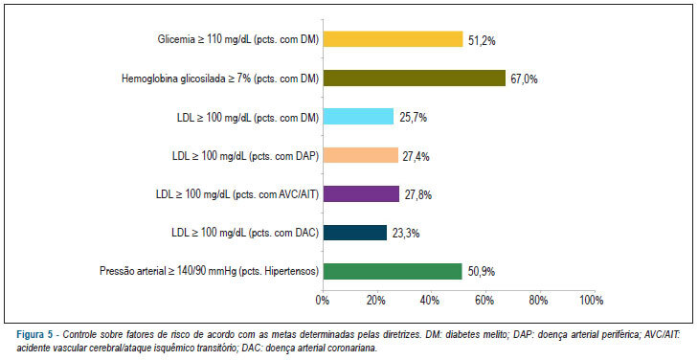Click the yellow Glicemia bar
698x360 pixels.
point(394,39)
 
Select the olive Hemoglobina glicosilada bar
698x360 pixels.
point(415,79)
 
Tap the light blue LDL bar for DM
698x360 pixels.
point(358,117)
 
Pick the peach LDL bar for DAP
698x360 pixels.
point(361,155)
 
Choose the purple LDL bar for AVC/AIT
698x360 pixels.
point(362,194)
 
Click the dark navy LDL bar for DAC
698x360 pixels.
point(355,233)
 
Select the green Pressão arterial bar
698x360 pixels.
point(393,271)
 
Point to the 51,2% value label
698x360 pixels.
point(483,41)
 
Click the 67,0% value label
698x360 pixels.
point(524,79)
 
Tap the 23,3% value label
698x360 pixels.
point(406,234)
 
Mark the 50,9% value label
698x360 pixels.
point(482,272)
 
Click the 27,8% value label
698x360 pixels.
point(418,195)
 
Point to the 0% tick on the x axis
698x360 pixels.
point(323,301)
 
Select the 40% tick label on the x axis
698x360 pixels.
point(431,301)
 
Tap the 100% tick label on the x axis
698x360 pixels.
point(592,301)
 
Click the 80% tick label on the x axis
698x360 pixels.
point(539,301)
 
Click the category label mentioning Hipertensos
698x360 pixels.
point(210,272)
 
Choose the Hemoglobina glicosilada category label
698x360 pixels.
point(220,79)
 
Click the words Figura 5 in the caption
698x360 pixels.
point(34,335)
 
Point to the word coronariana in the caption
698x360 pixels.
point(355,349)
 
